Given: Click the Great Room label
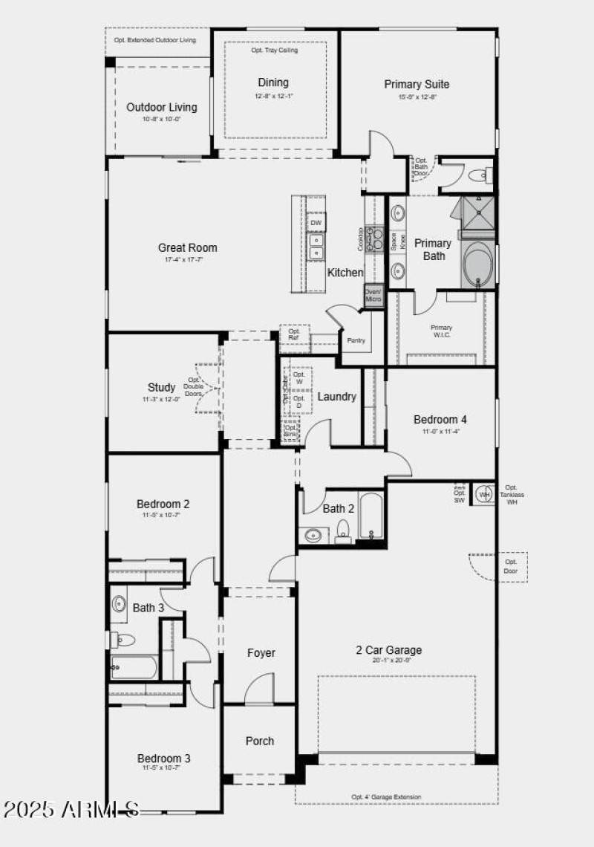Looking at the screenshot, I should pos(187,247).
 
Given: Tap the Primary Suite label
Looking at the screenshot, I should pos(417,84).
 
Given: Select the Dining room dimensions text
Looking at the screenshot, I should pos(273,96).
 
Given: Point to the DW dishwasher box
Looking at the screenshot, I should pos(316,223).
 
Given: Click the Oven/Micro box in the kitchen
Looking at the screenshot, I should pos(373,295).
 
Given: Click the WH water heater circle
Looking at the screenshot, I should pos(484,494).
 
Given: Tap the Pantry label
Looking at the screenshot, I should pos(356,340).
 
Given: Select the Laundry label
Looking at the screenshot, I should pos(336,397).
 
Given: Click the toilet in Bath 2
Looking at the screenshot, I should pos(343,530).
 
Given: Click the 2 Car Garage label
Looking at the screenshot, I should pos(388,650).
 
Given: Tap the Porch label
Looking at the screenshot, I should pos(260,741).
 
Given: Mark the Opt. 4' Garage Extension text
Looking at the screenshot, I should pos(386,797).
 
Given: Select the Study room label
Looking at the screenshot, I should pos(161,387).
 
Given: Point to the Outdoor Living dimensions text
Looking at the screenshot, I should pos(162,119).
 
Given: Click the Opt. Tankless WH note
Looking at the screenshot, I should pos(512,495).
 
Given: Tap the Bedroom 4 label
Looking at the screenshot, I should pos(440,420).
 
